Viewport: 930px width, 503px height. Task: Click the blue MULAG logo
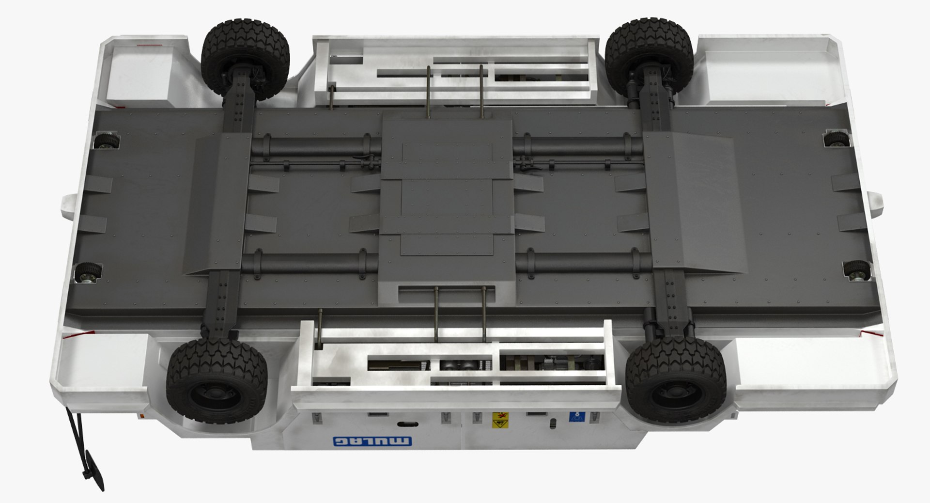(x=372, y=441)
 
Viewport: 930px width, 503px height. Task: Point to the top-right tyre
(x=649, y=58)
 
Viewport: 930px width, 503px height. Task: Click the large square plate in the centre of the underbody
(x=447, y=201)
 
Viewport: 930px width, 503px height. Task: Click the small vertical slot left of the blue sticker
(x=552, y=424)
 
